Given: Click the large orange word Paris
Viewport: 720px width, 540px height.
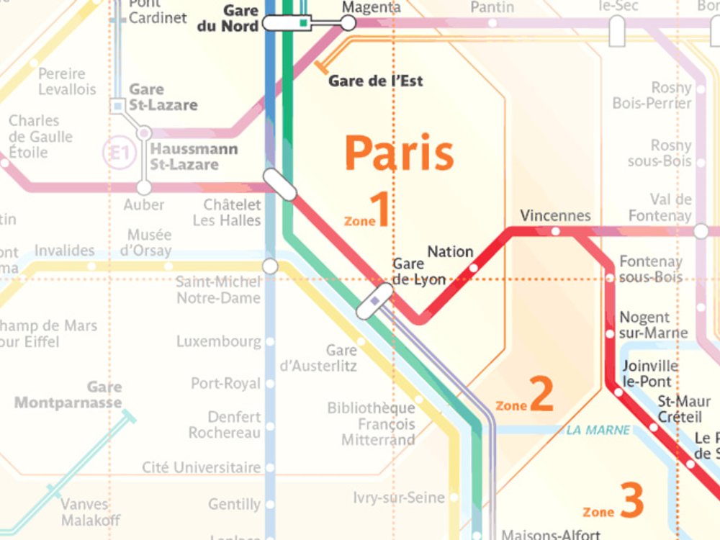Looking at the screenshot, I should tap(400, 153).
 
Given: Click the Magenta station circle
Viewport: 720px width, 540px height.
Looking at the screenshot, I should tap(348, 23).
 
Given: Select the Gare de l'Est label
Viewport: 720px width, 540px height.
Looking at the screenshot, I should tap(375, 81).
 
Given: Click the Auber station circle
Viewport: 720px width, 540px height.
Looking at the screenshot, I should tap(144, 187).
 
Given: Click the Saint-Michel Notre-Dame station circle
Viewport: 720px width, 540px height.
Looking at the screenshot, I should tap(270, 266).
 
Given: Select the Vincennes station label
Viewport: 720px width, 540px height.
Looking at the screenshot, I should tap(555, 215).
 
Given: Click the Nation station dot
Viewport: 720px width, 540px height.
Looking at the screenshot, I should tap(473, 268).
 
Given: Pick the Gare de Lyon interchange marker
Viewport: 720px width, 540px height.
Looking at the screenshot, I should tap(374, 301).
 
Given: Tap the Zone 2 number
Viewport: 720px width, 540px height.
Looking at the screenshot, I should tap(541, 395).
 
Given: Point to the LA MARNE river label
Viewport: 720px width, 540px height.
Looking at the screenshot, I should tap(598, 431).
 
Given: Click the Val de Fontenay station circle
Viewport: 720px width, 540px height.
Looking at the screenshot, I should tap(701, 232).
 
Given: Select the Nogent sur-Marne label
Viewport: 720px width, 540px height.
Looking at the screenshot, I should tap(653, 325).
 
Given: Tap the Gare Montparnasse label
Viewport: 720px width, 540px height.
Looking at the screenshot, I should tap(68, 395).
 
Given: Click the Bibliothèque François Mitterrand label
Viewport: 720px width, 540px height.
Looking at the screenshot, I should tap(371, 424).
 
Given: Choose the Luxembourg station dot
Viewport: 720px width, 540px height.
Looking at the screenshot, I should tap(270, 342).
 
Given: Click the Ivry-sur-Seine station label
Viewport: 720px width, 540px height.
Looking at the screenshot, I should tap(398, 498).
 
